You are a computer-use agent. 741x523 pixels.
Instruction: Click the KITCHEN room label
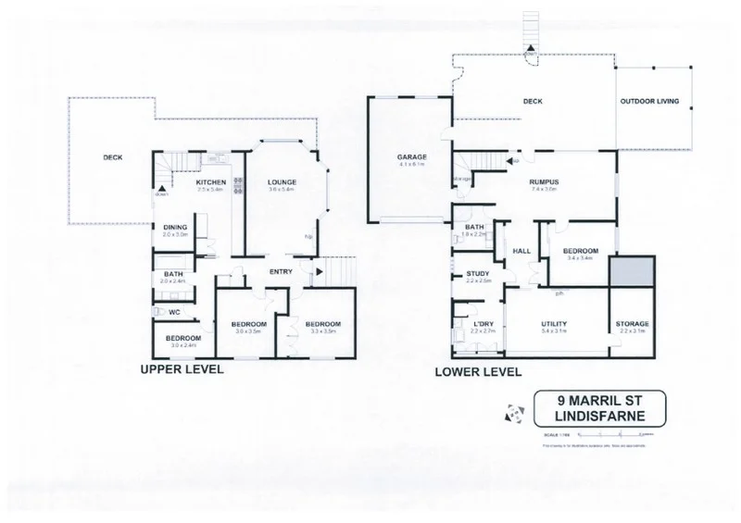(x=212, y=183)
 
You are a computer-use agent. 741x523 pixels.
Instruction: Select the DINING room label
(x=176, y=227)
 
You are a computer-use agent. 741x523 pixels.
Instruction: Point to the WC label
(x=174, y=312)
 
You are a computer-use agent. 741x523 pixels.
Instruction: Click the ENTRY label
(x=282, y=271)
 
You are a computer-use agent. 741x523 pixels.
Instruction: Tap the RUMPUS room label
(x=543, y=182)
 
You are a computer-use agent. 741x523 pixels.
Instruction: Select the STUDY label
(x=480, y=273)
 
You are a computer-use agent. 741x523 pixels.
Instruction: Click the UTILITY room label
(x=554, y=323)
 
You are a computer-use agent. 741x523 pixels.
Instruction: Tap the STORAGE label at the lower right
(x=633, y=323)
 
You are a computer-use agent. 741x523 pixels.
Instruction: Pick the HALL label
(x=520, y=250)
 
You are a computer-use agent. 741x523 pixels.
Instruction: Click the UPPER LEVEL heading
(x=182, y=368)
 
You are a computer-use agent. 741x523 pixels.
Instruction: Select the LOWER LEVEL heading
(x=478, y=372)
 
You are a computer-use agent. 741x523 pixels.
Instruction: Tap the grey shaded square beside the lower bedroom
(x=632, y=273)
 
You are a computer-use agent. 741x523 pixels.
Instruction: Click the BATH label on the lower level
(x=475, y=227)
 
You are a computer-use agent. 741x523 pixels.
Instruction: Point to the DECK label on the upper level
(x=113, y=158)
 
